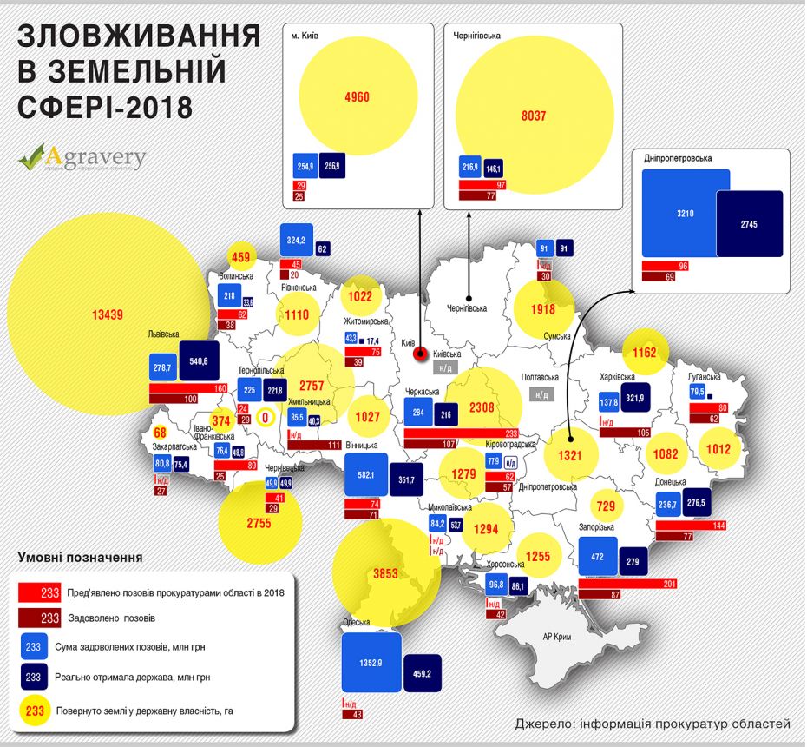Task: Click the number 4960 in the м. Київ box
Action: click(x=357, y=96)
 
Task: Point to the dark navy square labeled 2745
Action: click(x=750, y=224)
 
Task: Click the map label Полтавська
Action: click(x=545, y=378)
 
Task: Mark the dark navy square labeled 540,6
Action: click(x=199, y=360)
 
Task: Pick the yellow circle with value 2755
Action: click(x=259, y=523)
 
